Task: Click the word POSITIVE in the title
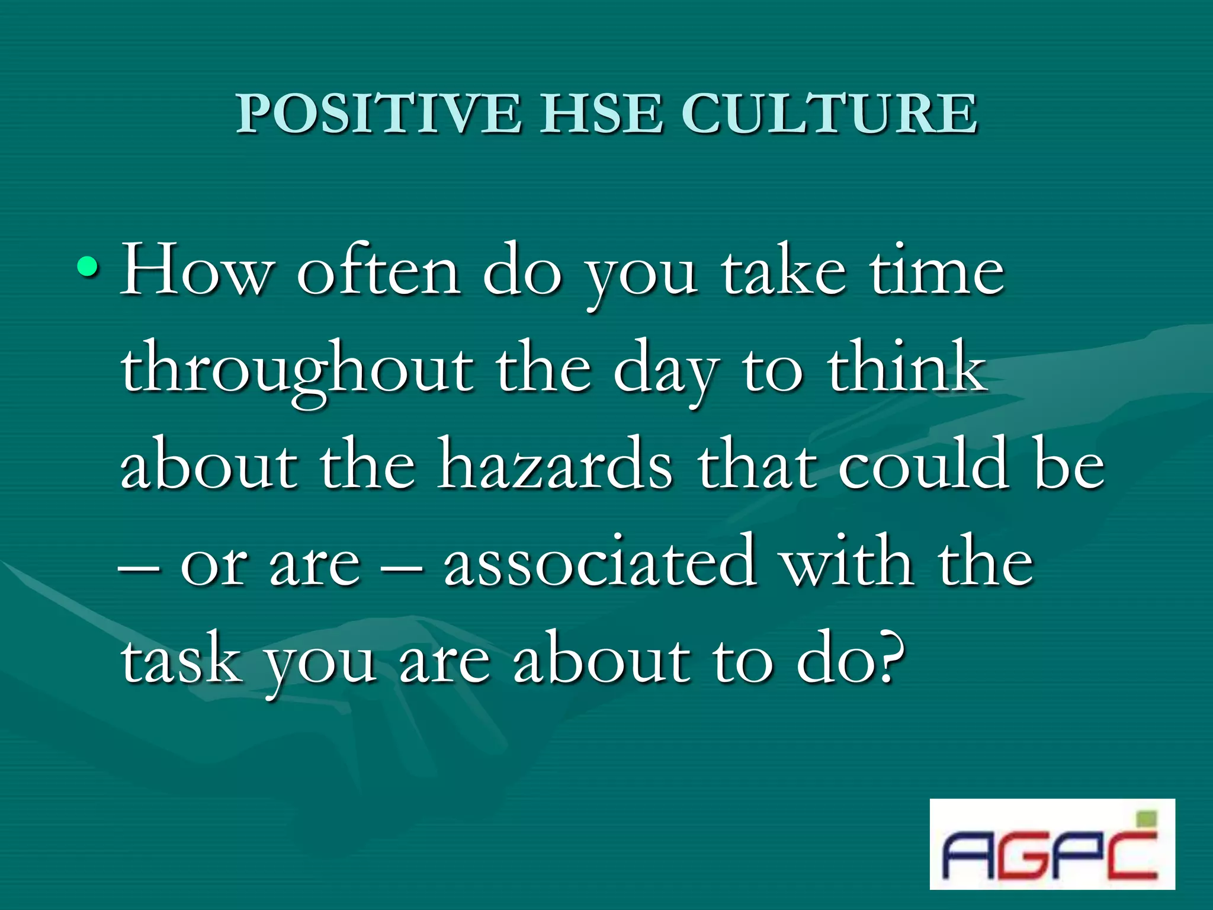pyautogui.click(x=379, y=114)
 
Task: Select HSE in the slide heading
pyautogui.click(x=601, y=114)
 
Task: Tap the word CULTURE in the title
pyautogui.click(x=829, y=114)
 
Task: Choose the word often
pyautogui.click(x=378, y=270)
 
